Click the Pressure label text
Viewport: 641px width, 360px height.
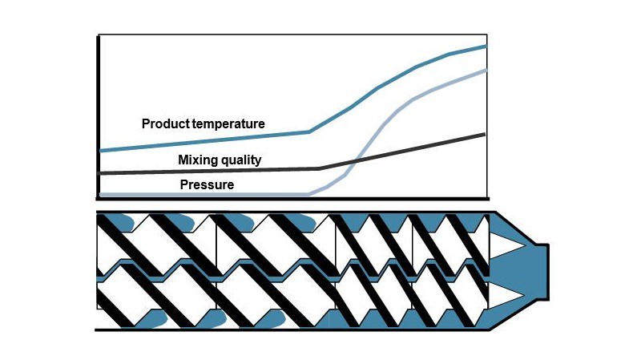(207, 185)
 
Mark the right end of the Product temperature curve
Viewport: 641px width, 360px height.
(486, 47)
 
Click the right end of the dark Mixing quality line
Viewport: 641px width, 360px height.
(484, 134)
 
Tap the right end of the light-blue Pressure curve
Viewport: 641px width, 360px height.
(486, 71)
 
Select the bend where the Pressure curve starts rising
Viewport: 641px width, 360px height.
(308, 194)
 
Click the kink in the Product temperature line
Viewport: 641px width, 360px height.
(309, 132)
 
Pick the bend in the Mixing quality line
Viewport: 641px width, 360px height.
(319, 168)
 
